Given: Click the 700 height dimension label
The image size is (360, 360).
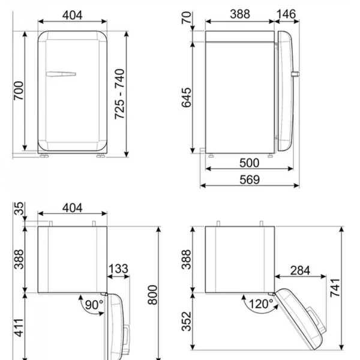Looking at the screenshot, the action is pyautogui.click(x=19, y=91).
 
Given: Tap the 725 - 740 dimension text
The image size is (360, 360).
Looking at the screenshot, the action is pyautogui.click(x=119, y=94).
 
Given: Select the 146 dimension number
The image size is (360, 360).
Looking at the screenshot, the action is pyautogui.click(x=286, y=14).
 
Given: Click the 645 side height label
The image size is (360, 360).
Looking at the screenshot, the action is pyautogui.click(x=186, y=98).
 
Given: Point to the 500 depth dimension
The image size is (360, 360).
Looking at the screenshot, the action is pyautogui.click(x=250, y=163).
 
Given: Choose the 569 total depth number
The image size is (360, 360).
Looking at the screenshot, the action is pyautogui.click(x=250, y=179).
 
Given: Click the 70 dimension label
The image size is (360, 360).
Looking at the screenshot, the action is pyautogui.click(x=186, y=17).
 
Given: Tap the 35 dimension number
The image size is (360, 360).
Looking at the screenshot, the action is pyautogui.click(x=19, y=208).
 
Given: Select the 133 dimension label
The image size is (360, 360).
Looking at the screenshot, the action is pyautogui.click(x=118, y=269).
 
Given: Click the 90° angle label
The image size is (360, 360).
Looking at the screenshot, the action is pyautogui.click(x=94, y=305).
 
